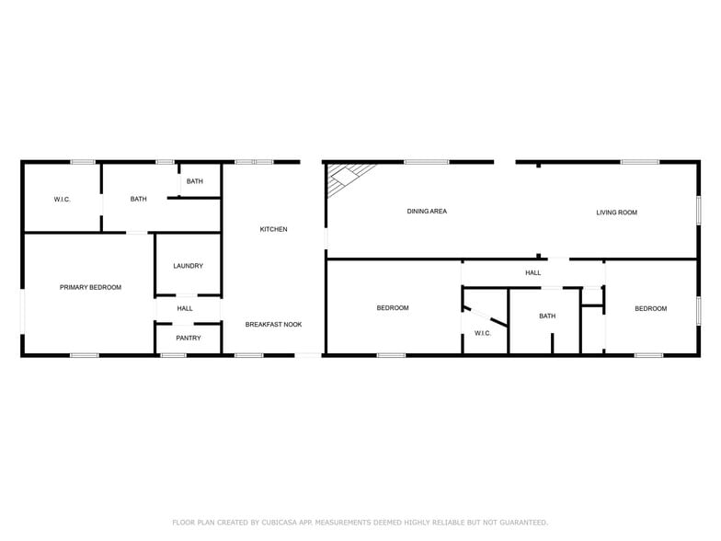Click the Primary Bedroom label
point(90,288)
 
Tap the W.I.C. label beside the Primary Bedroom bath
point(62,200)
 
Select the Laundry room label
point(188,266)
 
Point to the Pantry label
point(188,338)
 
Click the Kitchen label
point(273,229)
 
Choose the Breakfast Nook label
point(273,324)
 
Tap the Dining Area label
point(427,212)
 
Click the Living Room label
point(616,213)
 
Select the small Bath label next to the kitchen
point(195,181)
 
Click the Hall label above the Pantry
point(185,308)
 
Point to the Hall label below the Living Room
point(533,272)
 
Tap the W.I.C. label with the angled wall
point(483,332)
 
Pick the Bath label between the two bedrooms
point(547,317)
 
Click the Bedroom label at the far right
point(650,308)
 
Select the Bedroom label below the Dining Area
point(393,307)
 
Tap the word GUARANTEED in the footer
point(516,523)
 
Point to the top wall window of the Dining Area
point(427,163)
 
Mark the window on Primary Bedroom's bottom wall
point(85,355)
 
